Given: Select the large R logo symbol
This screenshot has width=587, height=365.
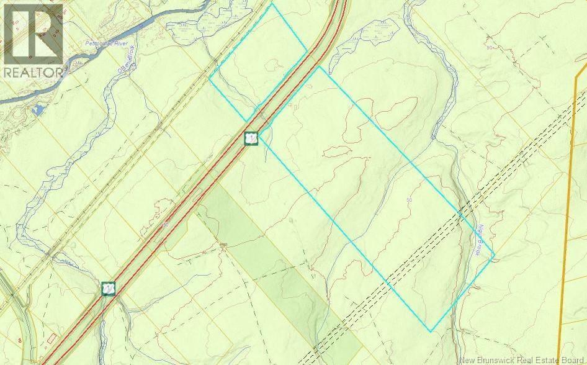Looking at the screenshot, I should (x=32, y=33).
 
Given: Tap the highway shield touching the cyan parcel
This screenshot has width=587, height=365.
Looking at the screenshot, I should (x=251, y=138).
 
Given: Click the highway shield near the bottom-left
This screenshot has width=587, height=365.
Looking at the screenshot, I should (x=109, y=289).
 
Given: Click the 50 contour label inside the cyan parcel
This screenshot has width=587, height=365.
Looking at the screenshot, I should (x=409, y=200).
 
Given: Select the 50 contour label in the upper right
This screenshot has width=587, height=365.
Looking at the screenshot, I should (x=490, y=48).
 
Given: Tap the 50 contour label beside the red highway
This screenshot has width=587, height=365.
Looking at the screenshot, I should (x=166, y=226).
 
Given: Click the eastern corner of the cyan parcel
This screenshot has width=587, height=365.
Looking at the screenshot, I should (x=495, y=255).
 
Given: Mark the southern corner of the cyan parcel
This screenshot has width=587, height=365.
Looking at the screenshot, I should (x=430, y=331).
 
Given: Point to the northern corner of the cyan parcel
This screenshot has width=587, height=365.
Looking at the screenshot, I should (x=271, y=4).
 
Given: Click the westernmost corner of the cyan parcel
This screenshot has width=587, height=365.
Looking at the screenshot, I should (x=210, y=79).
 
